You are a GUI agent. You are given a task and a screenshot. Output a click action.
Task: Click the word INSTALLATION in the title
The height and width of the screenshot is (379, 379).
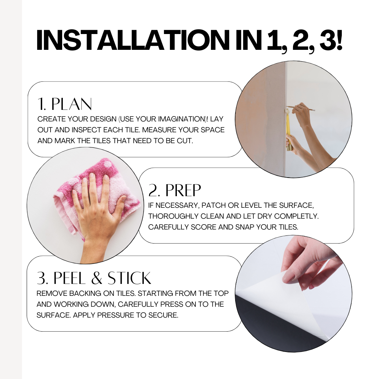132,40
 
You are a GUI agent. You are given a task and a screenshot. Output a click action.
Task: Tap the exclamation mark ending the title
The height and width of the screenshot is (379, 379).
339,40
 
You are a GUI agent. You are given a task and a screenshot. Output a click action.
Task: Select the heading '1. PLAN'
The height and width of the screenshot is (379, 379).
65,104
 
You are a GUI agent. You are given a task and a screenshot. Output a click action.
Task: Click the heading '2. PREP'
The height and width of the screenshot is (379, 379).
174,190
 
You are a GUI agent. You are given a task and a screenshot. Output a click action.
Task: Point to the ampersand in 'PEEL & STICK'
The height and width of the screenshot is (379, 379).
97,278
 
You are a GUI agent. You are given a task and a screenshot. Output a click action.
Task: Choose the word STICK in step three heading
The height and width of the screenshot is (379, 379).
129,278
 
